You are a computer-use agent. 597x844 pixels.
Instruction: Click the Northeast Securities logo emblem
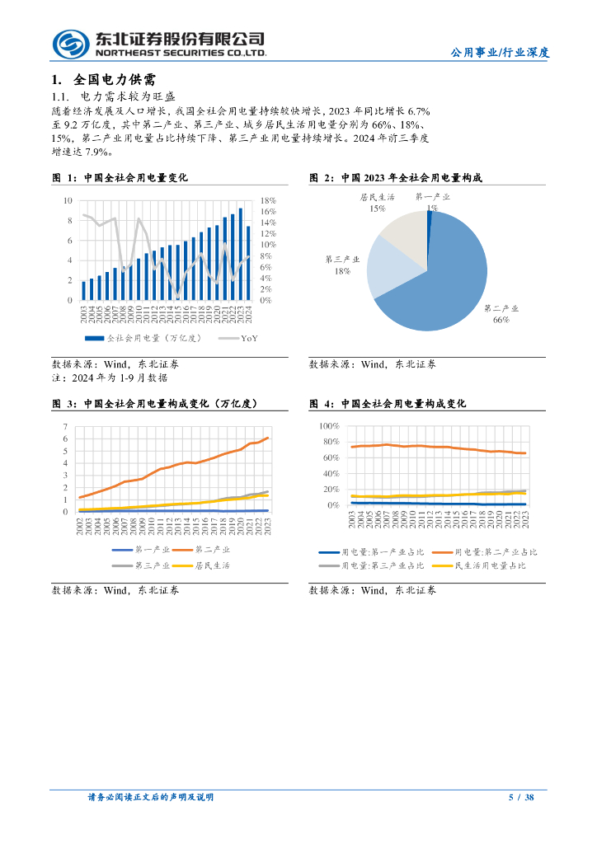(x=70, y=43)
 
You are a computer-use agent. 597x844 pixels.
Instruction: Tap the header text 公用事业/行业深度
(x=500, y=52)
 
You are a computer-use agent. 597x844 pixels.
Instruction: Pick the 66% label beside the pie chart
(x=500, y=319)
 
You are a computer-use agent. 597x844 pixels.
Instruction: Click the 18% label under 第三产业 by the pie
(x=342, y=270)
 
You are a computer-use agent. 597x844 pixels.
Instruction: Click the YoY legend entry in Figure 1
(x=239, y=338)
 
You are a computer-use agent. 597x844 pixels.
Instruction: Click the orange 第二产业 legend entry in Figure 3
(x=181, y=549)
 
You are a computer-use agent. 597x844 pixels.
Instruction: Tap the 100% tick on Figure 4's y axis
(x=329, y=426)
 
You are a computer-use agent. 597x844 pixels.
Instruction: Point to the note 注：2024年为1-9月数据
(x=110, y=377)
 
